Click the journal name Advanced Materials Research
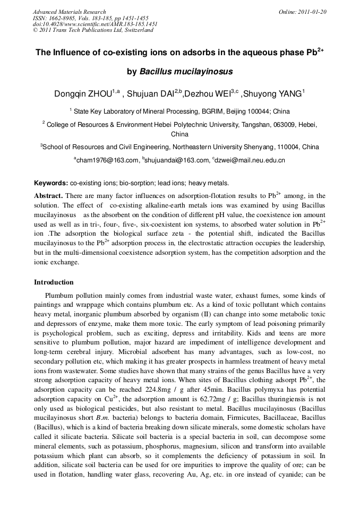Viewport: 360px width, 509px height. tap(70, 12)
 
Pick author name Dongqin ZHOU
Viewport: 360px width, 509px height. tap(83, 94)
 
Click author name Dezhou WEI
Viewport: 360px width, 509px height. tap(207, 94)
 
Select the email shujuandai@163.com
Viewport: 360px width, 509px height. tap(177, 160)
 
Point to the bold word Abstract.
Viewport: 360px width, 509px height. tap(49, 196)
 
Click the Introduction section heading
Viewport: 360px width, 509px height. tap(54, 282)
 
